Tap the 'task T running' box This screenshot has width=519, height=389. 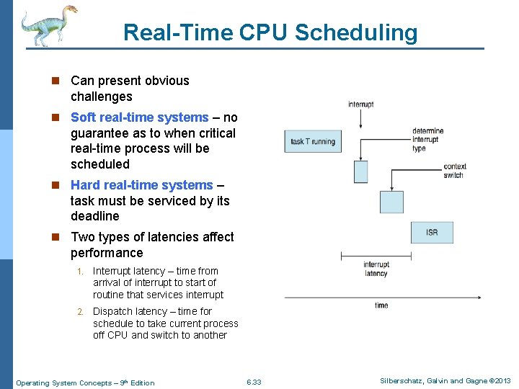coord(313,141)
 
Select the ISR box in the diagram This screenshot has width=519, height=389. coord(432,232)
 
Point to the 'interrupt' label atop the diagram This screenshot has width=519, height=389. coord(360,104)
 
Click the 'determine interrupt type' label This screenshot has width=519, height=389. coord(427,140)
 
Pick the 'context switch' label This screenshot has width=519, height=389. coord(454,171)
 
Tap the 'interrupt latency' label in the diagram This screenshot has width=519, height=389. coord(376,269)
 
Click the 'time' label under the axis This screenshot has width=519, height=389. coord(381,305)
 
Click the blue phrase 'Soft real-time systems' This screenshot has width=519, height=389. coord(139,117)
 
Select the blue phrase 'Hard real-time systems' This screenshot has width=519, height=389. coord(141,185)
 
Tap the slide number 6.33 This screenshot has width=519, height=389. coord(254,382)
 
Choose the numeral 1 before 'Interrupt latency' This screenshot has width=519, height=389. coord(81,272)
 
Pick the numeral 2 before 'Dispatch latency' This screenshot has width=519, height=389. coord(81,312)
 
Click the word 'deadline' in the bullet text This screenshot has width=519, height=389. coord(94,216)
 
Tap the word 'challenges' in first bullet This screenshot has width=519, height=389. coord(101,97)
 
